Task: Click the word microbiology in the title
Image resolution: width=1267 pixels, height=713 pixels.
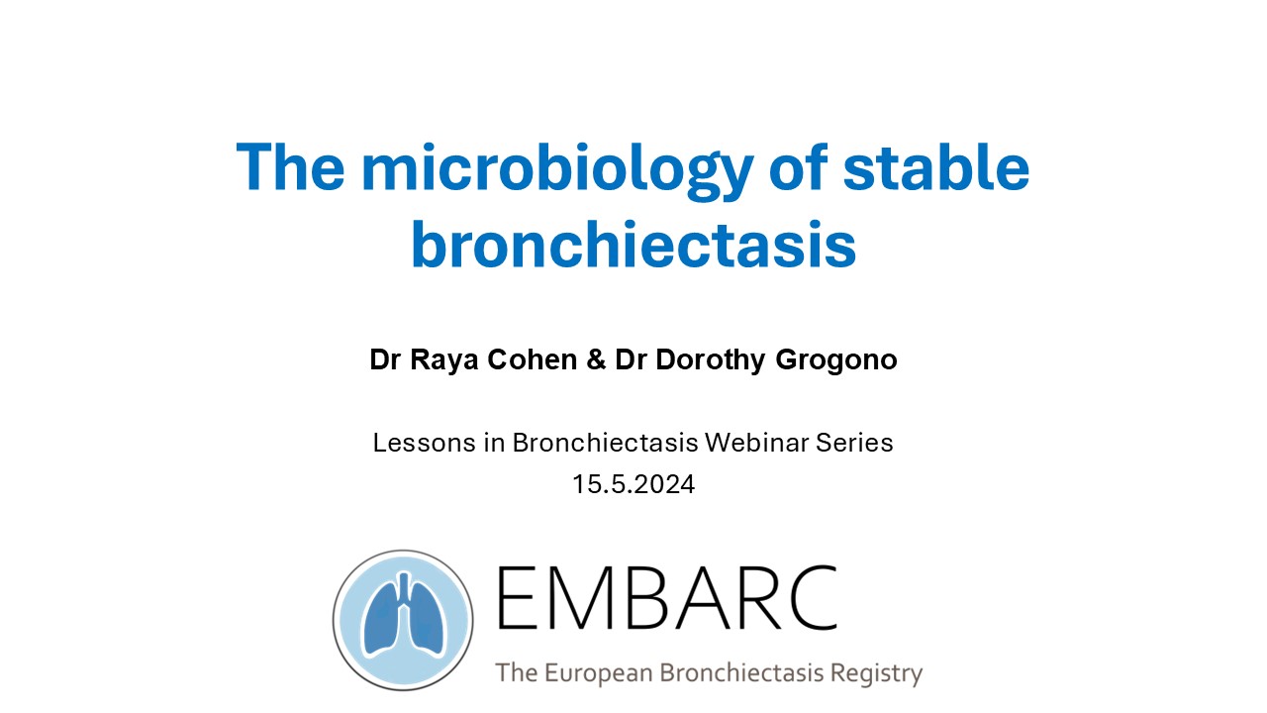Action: click(x=557, y=171)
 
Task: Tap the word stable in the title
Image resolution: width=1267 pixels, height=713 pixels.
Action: click(x=936, y=166)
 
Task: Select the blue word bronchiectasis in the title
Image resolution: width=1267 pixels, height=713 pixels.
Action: click(x=633, y=245)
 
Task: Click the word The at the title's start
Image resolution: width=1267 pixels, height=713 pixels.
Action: click(x=290, y=166)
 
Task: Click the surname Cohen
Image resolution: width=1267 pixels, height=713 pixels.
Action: click(x=533, y=359)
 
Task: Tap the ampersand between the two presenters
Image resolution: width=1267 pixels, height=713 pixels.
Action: click(x=596, y=359)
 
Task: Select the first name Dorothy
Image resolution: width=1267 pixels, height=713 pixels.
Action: click(x=711, y=361)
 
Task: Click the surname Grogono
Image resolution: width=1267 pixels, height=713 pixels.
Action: click(x=836, y=361)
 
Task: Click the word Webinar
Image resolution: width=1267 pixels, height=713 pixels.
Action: click(x=757, y=443)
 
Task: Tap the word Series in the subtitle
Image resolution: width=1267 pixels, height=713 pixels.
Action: click(x=854, y=443)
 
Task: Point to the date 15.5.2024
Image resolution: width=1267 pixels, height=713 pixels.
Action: click(x=633, y=484)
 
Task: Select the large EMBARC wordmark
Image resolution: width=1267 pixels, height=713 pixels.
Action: click(x=666, y=597)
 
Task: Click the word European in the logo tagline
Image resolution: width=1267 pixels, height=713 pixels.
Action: click(x=599, y=674)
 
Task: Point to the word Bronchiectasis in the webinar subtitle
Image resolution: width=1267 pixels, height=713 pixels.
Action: click(x=605, y=443)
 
